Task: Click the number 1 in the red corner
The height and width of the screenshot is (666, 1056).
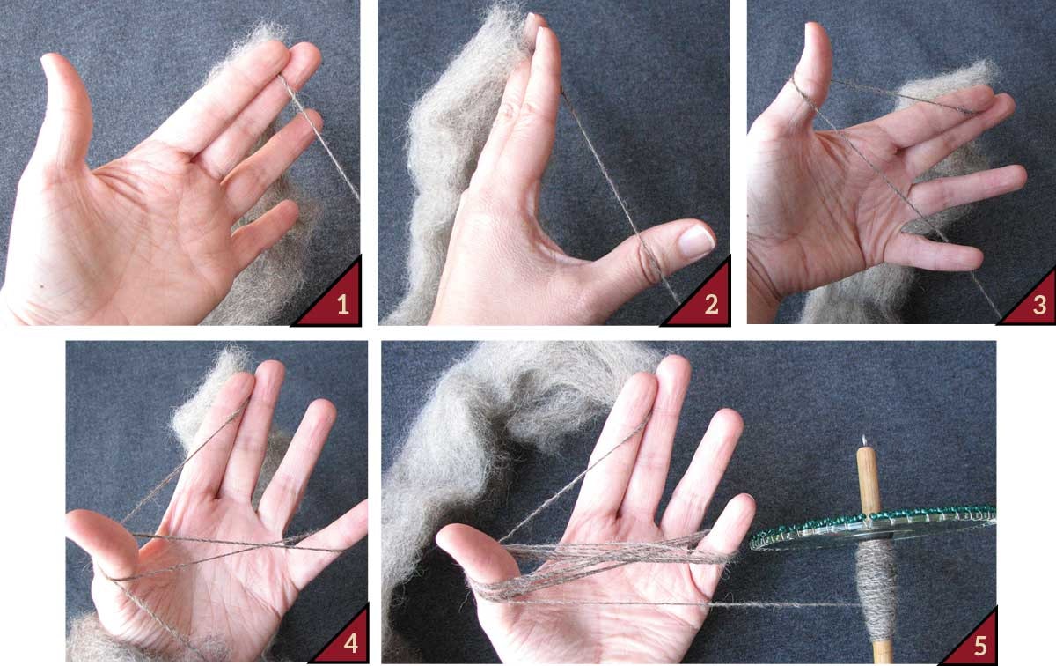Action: [343, 305]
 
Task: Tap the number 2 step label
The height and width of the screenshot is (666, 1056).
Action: [711, 305]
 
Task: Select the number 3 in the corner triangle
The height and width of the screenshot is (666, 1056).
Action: [1039, 306]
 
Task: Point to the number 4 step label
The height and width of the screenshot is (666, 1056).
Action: [350, 643]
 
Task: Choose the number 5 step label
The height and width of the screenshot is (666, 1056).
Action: [980, 646]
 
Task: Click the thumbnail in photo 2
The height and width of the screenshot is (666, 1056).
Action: [696, 240]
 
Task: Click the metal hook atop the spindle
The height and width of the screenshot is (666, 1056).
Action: [865, 441]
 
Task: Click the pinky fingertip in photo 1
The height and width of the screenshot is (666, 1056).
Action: [290, 209]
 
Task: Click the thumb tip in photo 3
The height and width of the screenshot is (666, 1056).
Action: [815, 31]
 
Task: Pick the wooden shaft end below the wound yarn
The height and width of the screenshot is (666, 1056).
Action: [883, 651]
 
